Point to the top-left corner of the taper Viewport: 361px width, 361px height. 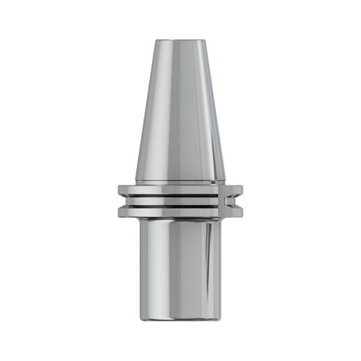click(154, 40)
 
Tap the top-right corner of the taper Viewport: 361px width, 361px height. click(207, 40)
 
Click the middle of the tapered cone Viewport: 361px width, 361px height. click(180, 111)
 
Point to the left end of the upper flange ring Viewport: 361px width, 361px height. click(120, 190)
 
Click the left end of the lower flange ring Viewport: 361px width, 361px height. click(121, 211)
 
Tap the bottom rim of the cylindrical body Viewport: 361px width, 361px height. click(180, 320)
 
